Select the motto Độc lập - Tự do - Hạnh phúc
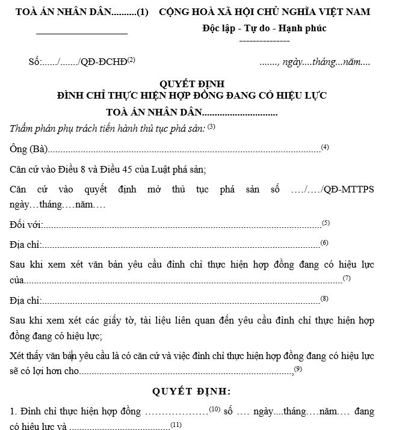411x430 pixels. [x=265, y=28]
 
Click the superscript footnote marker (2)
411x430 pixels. [x=131, y=60]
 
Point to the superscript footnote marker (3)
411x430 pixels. [x=211, y=127]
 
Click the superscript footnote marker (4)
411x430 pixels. [x=325, y=147]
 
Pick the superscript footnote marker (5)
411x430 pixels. [x=326, y=223]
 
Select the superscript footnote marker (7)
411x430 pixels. [x=347, y=278]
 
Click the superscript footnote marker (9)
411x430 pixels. [x=298, y=368]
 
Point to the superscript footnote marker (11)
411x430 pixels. [x=176, y=425]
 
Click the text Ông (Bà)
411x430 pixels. [x=28, y=149]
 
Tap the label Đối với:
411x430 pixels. [x=26, y=225]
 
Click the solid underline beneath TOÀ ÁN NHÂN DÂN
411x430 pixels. [x=82, y=32]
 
